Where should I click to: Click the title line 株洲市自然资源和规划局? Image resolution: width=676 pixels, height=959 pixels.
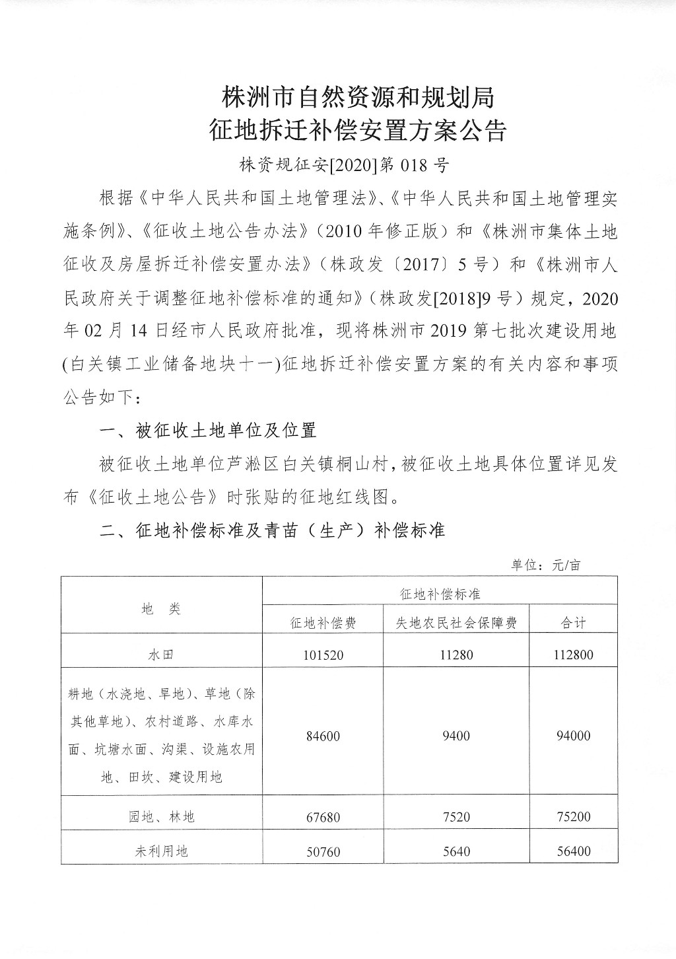[358, 98]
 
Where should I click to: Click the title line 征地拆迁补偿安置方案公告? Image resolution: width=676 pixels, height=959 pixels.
[358, 130]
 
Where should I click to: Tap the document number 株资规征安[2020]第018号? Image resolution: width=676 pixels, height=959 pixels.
[344, 164]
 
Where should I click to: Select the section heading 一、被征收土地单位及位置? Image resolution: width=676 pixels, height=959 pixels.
[207, 431]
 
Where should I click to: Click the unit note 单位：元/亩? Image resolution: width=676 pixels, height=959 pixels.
[545, 565]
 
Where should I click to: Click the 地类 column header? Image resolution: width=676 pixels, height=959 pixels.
[161, 610]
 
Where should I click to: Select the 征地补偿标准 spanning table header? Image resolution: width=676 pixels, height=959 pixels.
[440, 594]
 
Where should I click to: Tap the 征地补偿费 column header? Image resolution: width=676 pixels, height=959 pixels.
[323, 623]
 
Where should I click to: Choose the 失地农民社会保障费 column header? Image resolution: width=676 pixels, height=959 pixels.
[456, 623]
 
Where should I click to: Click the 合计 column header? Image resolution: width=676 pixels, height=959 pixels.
[573, 623]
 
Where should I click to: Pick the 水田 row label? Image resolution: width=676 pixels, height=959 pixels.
[161, 655]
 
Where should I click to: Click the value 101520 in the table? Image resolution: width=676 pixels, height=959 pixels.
[323, 655]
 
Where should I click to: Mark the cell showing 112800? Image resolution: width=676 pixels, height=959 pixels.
[573, 655]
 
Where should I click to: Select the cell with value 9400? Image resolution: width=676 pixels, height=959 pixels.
[456, 736]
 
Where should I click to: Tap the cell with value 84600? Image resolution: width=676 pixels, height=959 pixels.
[323, 736]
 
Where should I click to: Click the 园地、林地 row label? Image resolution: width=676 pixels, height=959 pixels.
[161, 817]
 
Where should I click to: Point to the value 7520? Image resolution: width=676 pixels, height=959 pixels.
[456, 817]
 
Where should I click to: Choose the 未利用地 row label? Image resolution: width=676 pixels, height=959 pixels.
[161, 851]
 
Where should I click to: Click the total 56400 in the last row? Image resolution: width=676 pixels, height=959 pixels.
[573, 851]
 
